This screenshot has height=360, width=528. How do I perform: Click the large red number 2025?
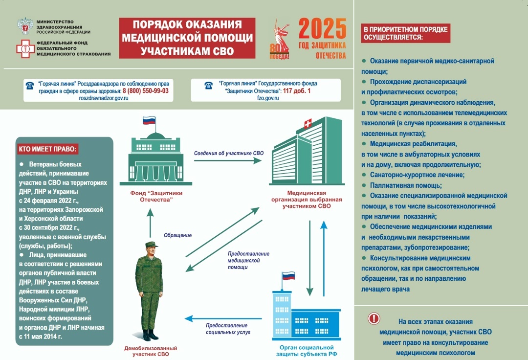click(322, 29)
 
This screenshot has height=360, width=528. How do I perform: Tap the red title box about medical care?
click(187, 38)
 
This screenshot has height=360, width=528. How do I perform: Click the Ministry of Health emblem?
click(25, 25)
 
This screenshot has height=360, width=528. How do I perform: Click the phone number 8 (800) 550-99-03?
click(145, 91)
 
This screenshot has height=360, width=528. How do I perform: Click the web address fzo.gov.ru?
click(267, 98)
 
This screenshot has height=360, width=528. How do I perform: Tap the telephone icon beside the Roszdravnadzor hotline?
click(30, 86)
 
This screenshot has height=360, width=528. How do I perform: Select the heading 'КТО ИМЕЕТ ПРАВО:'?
click(48, 149)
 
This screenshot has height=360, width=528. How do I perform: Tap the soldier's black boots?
click(150, 335)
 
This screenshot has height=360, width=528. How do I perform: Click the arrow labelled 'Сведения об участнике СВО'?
click(228, 161)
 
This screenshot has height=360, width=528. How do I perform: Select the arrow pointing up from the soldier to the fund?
click(150, 225)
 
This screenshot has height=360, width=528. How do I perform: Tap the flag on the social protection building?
click(288, 276)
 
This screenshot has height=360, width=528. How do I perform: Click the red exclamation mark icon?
click(374, 318)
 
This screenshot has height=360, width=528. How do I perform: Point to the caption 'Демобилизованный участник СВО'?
click(151, 351)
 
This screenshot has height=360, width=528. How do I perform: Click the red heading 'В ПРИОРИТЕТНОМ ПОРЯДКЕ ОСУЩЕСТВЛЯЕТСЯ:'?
click(405, 33)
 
